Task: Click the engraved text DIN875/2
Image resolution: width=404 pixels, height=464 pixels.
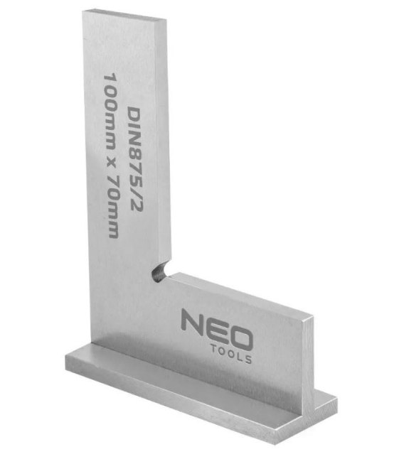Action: (x=134, y=159)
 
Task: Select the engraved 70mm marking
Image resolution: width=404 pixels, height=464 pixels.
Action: (x=113, y=207)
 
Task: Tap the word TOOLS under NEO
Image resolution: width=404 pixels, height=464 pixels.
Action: (x=231, y=353)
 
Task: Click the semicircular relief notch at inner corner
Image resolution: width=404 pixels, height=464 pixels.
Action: (x=160, y=271)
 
